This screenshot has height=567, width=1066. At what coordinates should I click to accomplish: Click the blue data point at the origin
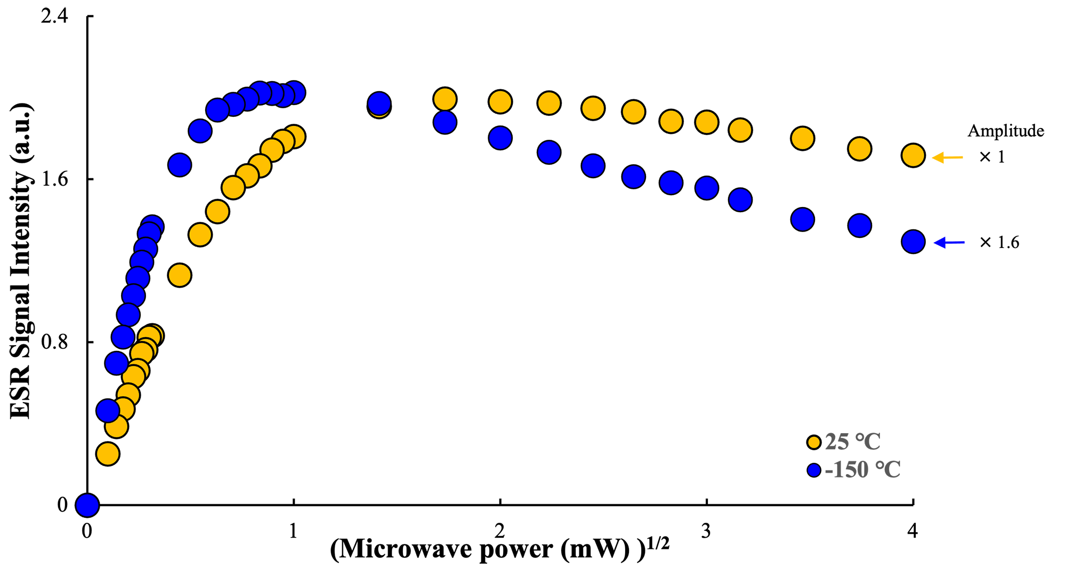(87, 505)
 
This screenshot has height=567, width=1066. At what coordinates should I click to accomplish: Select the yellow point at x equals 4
(913, 156)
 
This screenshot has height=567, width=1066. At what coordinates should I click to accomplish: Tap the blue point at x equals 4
(913, 242)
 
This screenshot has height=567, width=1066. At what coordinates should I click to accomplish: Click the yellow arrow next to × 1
(948, 157)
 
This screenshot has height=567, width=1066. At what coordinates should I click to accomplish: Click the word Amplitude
(1005, 131)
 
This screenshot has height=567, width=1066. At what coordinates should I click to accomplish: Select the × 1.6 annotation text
(999, 243)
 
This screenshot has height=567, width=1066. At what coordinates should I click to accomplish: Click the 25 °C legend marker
(814, 442)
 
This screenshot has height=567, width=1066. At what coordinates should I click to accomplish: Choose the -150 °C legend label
(862, 470)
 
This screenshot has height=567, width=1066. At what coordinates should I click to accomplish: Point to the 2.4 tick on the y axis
(55, 17)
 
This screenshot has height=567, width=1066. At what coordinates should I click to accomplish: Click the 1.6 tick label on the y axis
(55, 179)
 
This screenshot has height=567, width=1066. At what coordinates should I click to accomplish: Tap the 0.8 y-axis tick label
(55, 342)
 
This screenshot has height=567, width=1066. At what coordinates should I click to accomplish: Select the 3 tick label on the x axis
(706, 531)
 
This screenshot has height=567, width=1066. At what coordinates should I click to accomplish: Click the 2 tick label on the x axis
(499, 531)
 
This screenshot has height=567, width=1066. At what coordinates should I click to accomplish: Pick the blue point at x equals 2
(500, 138)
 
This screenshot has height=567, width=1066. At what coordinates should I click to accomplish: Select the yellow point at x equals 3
(707, 122)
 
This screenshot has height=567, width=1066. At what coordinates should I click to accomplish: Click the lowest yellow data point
(108, 454)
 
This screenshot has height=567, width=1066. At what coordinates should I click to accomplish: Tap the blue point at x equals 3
(707, 188)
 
